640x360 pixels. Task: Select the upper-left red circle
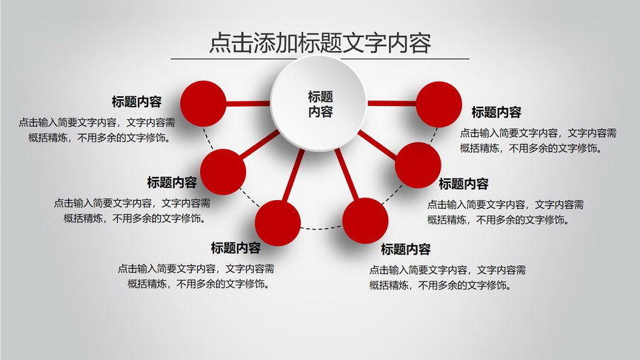click(x=203, y=104)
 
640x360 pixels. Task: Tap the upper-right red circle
click(x=439, y=104)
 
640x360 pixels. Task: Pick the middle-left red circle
click(x=223, y=172)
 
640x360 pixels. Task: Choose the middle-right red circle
click(x=418, y=165)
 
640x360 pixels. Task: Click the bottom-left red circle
click(x=278, y=223)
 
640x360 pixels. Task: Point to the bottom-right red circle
click(x=365, y=221)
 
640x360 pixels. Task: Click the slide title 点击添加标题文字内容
click(x=321, y=43)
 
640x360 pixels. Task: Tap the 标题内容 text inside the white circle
click(x=321, y=104)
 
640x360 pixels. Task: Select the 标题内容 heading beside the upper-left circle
click(x=137, y=101)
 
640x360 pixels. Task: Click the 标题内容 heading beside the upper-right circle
click(x=496, y=113)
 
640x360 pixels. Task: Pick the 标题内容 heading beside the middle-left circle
click(x=172, y=182)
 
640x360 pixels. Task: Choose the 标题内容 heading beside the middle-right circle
click(x=464, y=184)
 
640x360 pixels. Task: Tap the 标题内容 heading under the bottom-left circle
click(x=236, y=247)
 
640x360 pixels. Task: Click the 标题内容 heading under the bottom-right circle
click(x=406, y=249)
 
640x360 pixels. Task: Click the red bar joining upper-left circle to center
click(x=248, y=104)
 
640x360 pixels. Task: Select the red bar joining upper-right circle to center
click(x=391, y=103)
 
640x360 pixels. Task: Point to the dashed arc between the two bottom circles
click(x=321, y=228)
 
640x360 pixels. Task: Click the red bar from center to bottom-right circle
click(x=347, y=174)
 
